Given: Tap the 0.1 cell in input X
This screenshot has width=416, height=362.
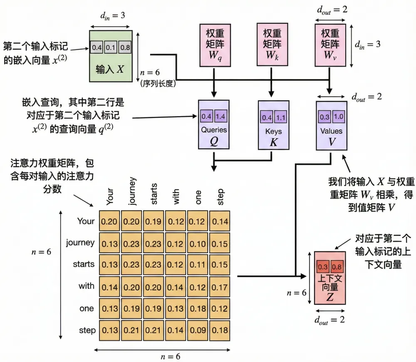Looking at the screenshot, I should pyautogui.click(x=111, y=47).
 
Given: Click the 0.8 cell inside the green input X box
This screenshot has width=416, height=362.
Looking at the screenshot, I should pyautogui.click(x=125, y=47).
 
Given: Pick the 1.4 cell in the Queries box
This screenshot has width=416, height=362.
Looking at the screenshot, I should pyautogui.click(x=221, y=116).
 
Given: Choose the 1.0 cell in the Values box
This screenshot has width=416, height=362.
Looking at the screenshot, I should pyautogui.click(x=338, y=117).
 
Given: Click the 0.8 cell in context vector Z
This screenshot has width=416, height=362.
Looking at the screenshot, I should pyautogui.click(x=337, y=266).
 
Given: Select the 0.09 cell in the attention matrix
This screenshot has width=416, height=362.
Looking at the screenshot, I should pyautogui.click(x=197, y=330).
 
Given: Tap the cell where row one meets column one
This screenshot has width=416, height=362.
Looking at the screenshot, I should pyautogui.click(x=197, y=308).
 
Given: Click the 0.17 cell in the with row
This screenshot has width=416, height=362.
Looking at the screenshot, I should pyautogui.click(x=219, y=287).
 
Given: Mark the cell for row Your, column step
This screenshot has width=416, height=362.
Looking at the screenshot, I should pyautogui.click(x=219, y=221).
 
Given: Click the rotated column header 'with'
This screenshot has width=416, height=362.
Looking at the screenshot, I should pyautogui.click(x=176, y=196).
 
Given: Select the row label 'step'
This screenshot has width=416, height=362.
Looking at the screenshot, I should pyautogui.click(x=87, y=330).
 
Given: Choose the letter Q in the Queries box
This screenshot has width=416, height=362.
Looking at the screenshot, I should pyautogui.click(x=214, y=141).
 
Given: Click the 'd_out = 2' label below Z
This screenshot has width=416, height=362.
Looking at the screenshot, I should pyautogui.click(x=329, y=320).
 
